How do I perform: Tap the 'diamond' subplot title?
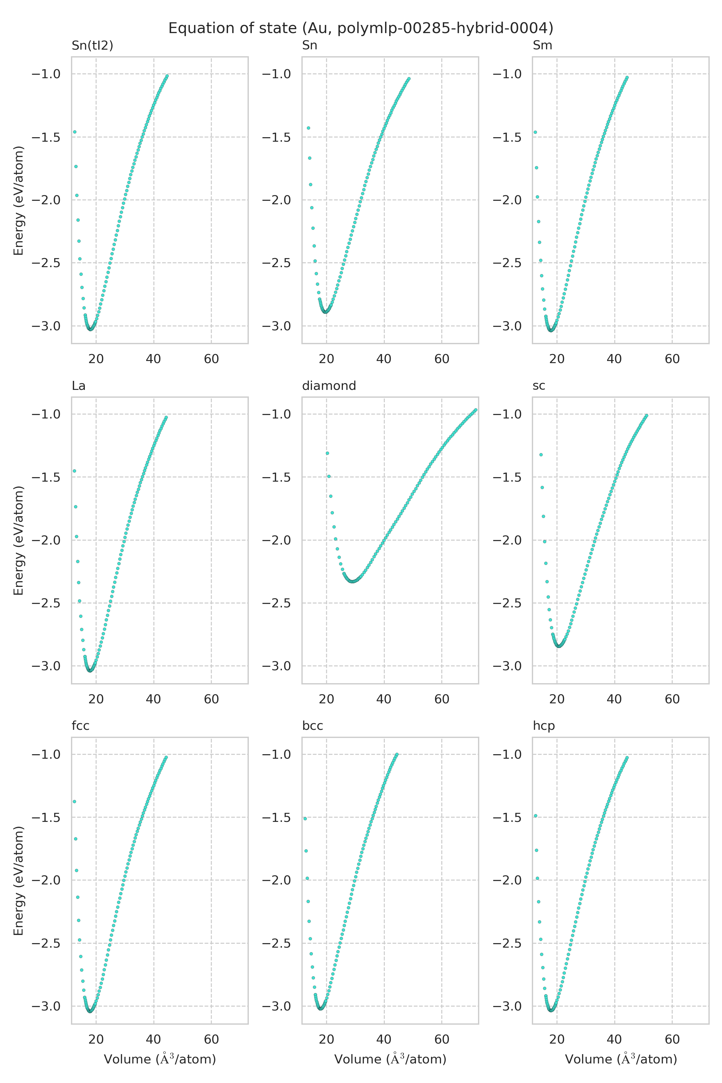329,386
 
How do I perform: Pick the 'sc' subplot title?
539,386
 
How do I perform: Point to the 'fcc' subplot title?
81,726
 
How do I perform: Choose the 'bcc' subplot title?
312,726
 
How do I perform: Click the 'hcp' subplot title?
544,726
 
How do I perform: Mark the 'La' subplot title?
79,386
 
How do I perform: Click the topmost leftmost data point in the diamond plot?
327,453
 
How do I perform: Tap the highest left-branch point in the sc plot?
541,455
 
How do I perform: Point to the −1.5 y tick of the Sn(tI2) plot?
46,137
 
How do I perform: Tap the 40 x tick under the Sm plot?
614,359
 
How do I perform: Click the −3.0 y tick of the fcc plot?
46,1006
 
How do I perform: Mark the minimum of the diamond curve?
353,582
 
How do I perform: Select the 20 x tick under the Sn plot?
326,359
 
